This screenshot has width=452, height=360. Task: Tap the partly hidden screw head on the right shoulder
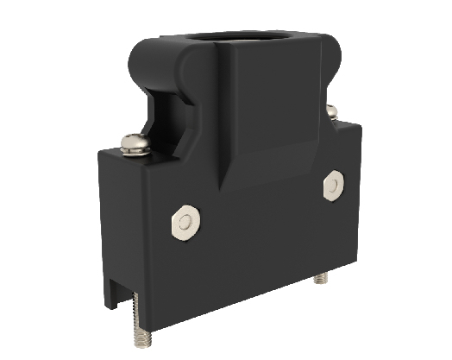point(330,110)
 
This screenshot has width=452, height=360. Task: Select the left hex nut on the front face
point(182,224)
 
